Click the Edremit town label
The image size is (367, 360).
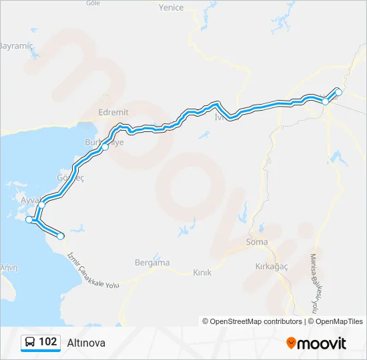point(113,113)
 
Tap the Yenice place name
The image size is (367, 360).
point(171,8)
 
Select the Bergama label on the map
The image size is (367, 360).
point(152,263)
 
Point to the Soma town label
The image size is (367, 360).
point(257,242)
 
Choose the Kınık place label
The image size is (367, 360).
point(202,273)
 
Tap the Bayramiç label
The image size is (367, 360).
point(15,46)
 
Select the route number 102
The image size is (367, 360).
point(48,342)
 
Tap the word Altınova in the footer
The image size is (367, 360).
point(86,343)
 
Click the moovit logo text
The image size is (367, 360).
point(322,343)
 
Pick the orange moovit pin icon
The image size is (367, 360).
point(291,343)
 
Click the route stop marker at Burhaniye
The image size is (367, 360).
point(105,147)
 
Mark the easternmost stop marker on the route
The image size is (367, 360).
point(338,92)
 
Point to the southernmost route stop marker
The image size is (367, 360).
point(61,236)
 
